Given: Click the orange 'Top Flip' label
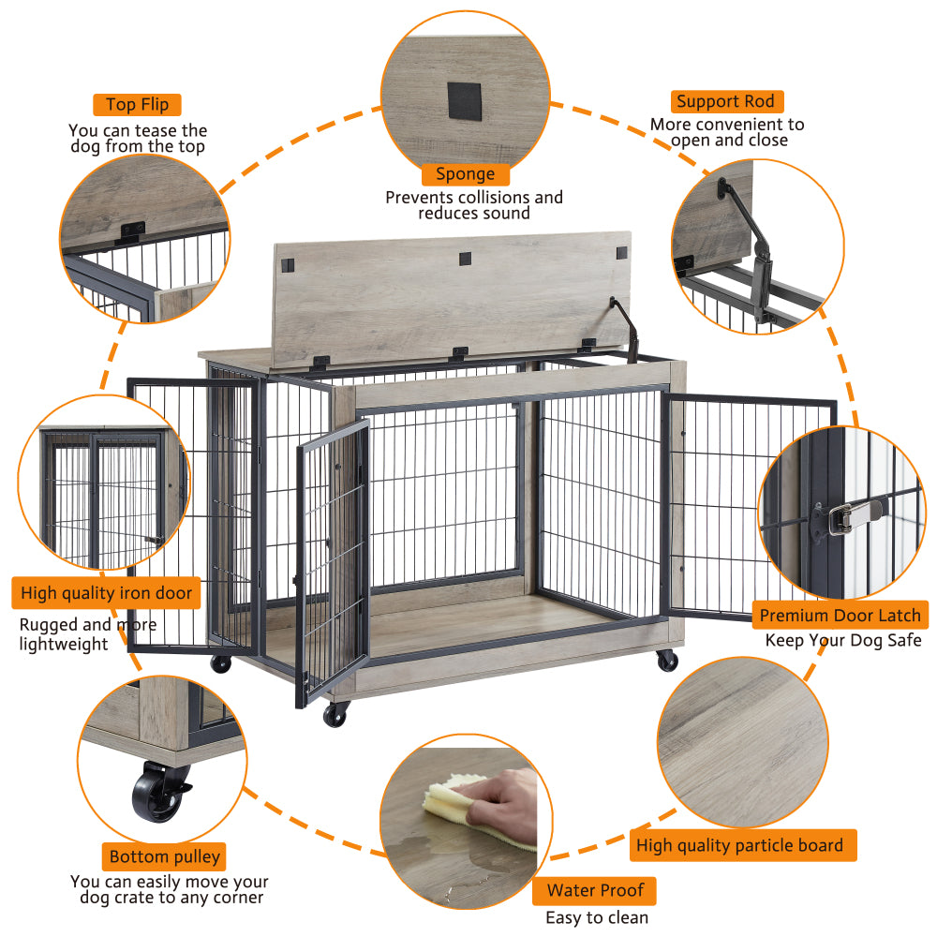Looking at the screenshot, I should click(137, 104).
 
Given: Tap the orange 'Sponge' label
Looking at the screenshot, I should click(465, 173).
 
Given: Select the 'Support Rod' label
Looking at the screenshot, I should click(725, 101).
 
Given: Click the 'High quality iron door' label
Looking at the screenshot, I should click(107, 593).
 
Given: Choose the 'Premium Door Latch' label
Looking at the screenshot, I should click(840, 616).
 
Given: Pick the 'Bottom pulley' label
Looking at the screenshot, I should click(165, 856).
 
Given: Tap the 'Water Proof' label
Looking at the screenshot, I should click(594, 890).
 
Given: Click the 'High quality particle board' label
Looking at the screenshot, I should click(739, 845).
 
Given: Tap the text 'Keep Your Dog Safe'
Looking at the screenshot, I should click(843, 641).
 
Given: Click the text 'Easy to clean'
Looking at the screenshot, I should click(596, 917).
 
